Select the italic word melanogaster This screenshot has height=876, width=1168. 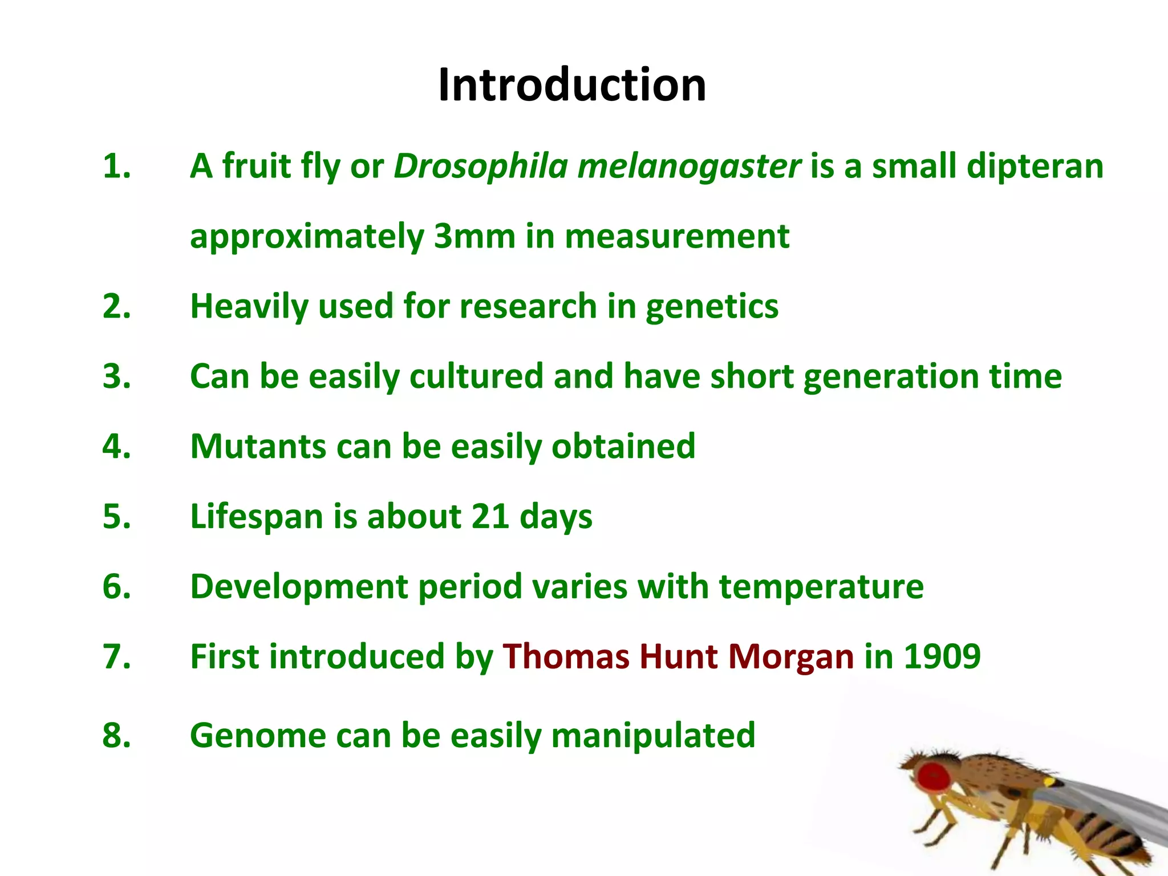coord(689,167)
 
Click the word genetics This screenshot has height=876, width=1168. coord(712,307)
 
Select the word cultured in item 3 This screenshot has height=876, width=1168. coord(476,376)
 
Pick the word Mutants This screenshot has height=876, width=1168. coord(258,446)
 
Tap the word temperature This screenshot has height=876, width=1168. coord(821,586)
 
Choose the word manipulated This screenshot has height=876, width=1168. coord(653,736)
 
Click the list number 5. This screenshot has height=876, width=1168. coord(116,516)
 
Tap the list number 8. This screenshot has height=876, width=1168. coord(116,735)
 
